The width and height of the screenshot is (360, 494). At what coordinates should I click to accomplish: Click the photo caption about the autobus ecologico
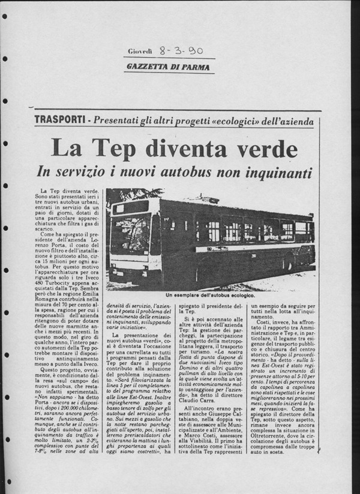pos(210,296)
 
